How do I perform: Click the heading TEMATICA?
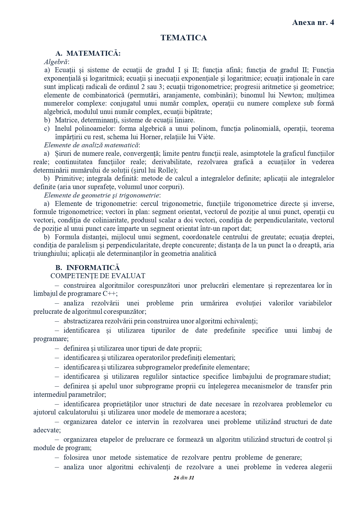click(x=184, y=38)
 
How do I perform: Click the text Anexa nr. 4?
click(x=313, y=23)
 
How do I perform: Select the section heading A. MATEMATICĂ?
click(x=88, y=53)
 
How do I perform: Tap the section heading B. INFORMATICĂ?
click(x=87, y=267)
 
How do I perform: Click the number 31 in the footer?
click(x=191, y=478)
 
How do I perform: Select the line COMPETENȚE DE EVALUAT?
click(x=98, y=276)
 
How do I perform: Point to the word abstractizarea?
click(x=83, y=321)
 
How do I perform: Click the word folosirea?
click(x=76, y=457)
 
